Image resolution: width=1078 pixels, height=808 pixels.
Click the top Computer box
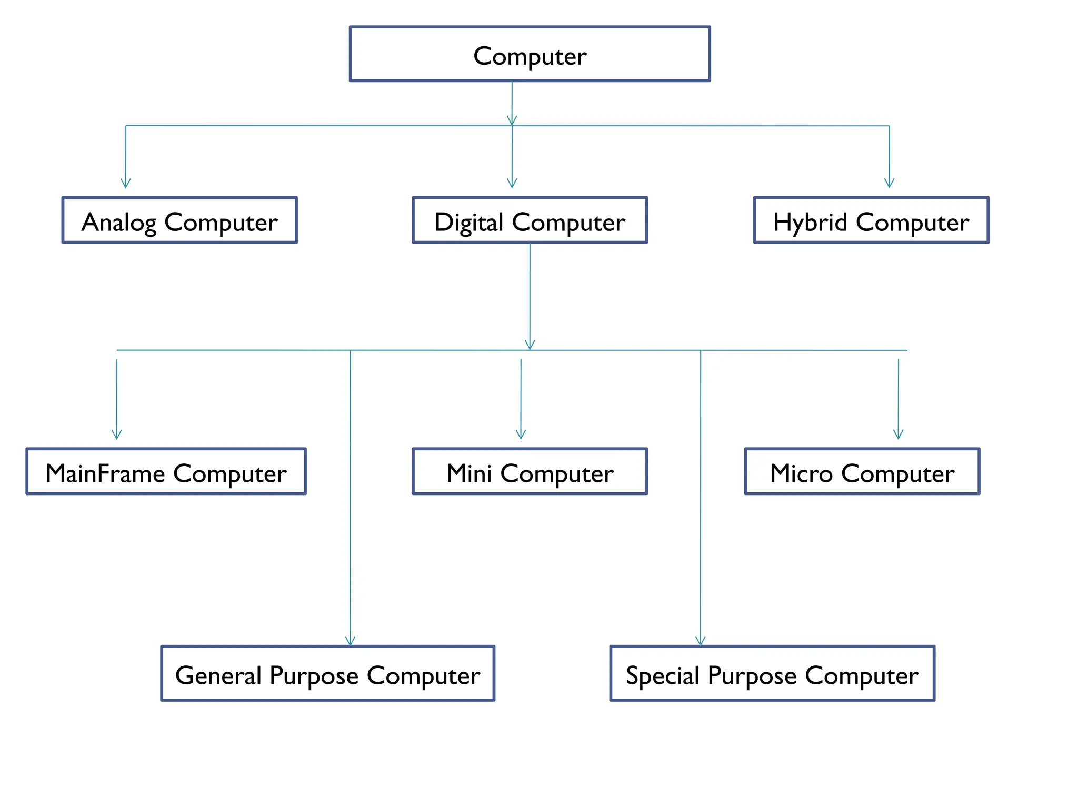click(x=530, y=54)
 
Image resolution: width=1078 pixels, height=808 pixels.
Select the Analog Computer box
click(x=179, y=220)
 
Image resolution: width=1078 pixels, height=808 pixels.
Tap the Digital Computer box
click(x=530, y=220)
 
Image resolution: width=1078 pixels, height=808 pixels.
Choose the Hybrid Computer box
click(x=871, y=220)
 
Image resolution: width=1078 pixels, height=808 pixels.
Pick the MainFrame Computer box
click(x=166, y=471)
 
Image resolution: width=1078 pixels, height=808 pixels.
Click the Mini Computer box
click(x=530, y=471)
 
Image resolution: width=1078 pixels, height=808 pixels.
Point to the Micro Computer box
click(x=862, y=471)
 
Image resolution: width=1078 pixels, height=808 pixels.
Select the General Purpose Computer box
click(x=327, y=673)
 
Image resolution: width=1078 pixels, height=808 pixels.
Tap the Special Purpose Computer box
click(x=772, y=673)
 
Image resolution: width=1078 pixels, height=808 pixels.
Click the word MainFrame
click(x=105, y=473)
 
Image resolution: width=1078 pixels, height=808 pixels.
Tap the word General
click(x=218, y=675)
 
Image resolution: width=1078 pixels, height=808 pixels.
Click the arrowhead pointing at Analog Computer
click(x=125, y=184)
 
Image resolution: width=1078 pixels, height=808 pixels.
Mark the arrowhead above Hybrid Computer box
click(x=889, y=184)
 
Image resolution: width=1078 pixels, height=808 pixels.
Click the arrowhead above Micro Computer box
click(x=898, y=435)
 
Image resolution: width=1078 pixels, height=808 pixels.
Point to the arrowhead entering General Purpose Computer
click(x=350, y=641)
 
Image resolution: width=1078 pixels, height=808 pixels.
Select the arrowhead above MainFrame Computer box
click(x=116, y=435)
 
